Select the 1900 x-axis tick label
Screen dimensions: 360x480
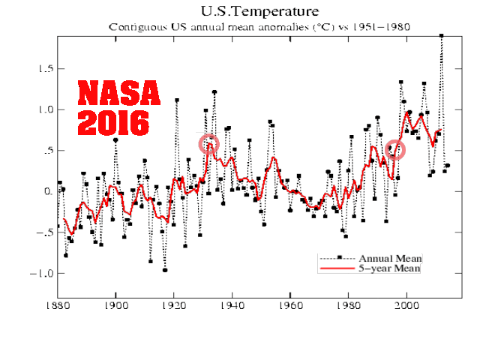(x=115, y=305)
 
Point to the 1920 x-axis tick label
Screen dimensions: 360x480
(x=174, y=305)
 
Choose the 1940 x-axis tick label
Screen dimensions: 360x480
(x=232, y=305)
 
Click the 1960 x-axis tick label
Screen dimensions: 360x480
(x=290, y=305)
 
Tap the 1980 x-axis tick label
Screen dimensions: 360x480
(x=349, y=305)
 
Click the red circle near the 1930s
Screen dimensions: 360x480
(x=209, y=143)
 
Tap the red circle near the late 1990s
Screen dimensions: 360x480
(x=394, y=149)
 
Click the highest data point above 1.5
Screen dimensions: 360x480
(x=441, y=35)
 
